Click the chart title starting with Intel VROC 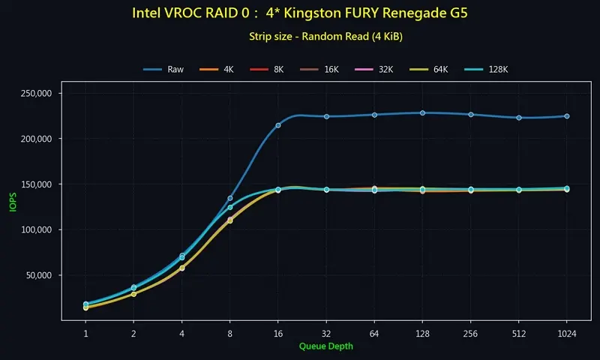(300, 13)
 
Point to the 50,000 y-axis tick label (38, 275)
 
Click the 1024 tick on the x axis (566, 332)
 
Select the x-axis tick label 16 (278, 332)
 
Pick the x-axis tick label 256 (470, 332)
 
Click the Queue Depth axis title (325, 346)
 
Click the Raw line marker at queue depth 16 (278, 125)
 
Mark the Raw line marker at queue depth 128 (422, 112)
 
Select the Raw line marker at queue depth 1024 (566, 116)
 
